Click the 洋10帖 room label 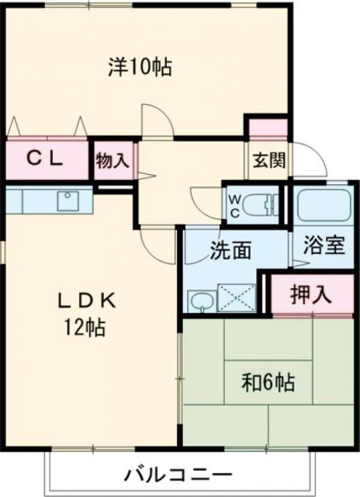pos(140,67)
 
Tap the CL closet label pos(46,158)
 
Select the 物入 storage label pos(112,161)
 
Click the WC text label pos(234,203)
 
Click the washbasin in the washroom pos(201,300)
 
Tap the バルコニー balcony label pos(178,474)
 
